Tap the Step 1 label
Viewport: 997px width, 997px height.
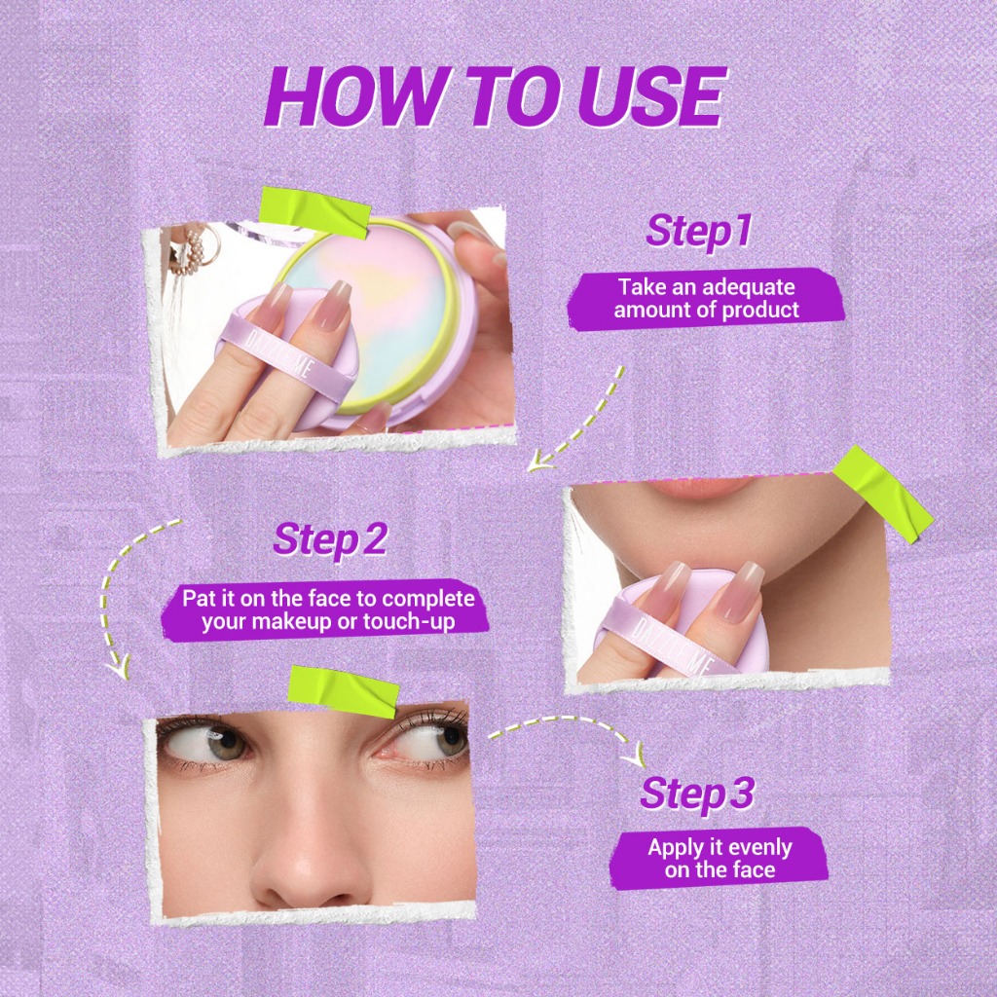click(699, 230)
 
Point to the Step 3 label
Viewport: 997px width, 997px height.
click(697, 793)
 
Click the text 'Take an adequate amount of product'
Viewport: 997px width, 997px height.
click(707, 298)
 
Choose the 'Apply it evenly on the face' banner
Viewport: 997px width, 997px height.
click(720, 858)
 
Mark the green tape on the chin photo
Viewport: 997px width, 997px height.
click(882, 493)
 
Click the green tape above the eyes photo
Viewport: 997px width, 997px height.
click(344, 692)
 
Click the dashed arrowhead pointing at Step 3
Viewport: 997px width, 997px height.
click(633, 756)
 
